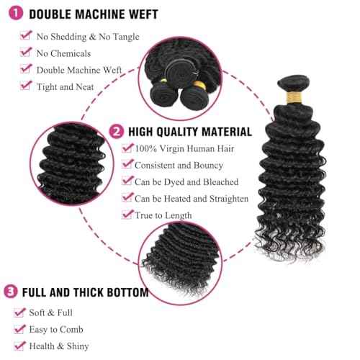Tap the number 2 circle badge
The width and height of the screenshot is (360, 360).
(x=116, y=132)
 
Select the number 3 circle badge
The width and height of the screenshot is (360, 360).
(x=11, y=292)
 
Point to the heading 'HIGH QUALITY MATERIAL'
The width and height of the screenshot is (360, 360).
(x=190, y=132)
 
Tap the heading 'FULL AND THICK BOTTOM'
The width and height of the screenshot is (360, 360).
(x=85, y=293)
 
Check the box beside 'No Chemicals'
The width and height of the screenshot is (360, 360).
(x=27, y=53)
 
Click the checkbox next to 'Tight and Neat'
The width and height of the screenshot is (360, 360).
(x=27, y=86)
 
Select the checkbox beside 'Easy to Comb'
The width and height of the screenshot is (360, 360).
(x=20, y=329)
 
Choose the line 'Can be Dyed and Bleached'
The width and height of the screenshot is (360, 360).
(x=187, y=181)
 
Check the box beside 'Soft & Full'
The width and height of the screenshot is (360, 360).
(x=20, y=312)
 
